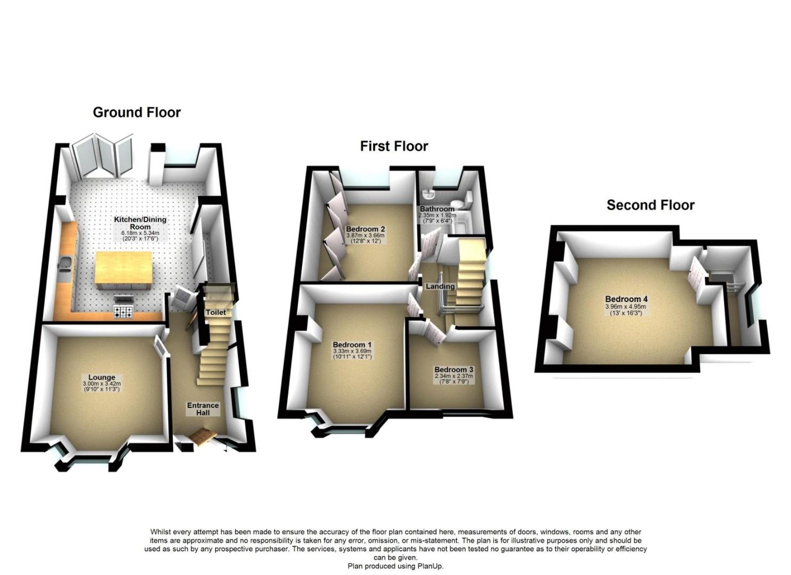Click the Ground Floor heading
(137, 113)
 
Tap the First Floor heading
(394, 146)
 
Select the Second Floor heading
(651, 205)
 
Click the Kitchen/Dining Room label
(140, 223)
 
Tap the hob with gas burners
(123, 313)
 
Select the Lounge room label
(102, 377)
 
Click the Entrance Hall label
(203, 409)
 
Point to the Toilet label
(216, 312)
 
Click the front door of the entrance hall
(203, 437)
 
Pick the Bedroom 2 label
(365, 229)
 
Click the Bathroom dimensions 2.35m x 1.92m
(437, 215)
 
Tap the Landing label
(440, 286)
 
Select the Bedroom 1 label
(352, 345)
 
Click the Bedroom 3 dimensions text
(454, 376)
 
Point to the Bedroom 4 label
(626, 299)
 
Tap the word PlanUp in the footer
(431, 566)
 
